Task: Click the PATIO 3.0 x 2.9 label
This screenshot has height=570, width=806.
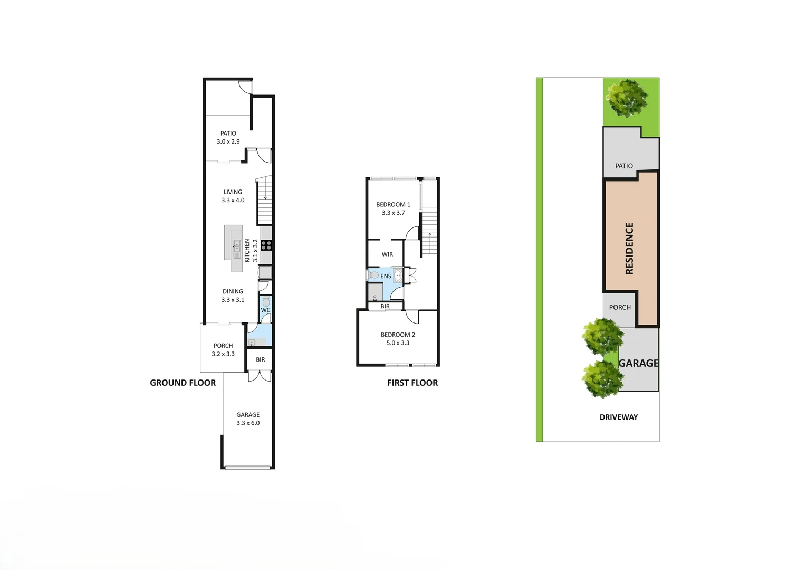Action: (228, 137)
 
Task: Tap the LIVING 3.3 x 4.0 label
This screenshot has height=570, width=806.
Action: (233, 196)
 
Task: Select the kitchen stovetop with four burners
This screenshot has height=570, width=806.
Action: (266, 245)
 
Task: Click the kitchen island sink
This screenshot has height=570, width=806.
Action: (237, 246)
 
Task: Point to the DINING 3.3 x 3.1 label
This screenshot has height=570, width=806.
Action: (233, 296)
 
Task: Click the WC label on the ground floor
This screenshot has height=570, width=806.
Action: (265, 310)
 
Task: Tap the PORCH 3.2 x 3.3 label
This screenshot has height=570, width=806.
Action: (223, 350)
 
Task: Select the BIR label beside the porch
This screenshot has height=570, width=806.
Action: (260, 360)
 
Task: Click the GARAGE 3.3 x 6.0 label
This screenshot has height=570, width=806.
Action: (248, 419)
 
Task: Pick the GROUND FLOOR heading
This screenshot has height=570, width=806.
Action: (183, 383)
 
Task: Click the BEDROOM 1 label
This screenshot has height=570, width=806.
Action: (393, 208)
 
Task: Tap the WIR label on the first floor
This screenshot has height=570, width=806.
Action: (387, 254)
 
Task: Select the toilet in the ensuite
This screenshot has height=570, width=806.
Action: (372, 275)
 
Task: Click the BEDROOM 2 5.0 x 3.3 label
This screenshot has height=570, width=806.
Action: (398, 338)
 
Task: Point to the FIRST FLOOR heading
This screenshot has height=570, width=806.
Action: (412, 383)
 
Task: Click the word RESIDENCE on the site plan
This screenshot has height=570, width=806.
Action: (629, 248)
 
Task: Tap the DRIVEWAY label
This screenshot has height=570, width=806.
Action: (618, 417)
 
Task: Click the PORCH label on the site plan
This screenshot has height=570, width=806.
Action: (620, 307)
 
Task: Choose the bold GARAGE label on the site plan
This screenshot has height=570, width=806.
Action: (639, 363)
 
